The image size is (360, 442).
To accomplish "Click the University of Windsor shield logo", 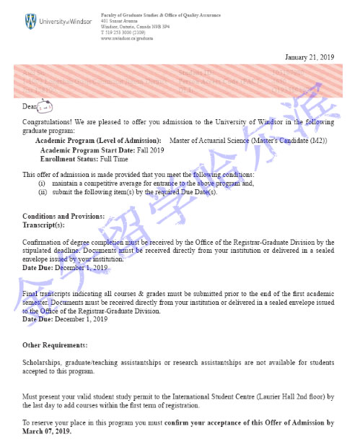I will point(31,19).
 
